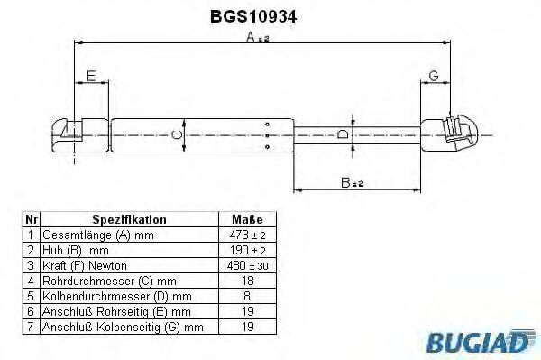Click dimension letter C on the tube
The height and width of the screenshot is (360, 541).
click(178, 135)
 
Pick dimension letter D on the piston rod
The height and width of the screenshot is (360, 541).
click(341, 135)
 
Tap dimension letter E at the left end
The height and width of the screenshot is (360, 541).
click(90, 77)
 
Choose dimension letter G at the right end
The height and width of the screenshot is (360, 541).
click(434, 75)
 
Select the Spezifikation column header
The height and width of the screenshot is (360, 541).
click(129, 219)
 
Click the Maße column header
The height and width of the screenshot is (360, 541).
click(248, 219)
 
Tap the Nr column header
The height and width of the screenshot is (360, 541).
click(31, 219)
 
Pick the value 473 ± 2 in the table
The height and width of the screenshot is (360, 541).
click(248, 234)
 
